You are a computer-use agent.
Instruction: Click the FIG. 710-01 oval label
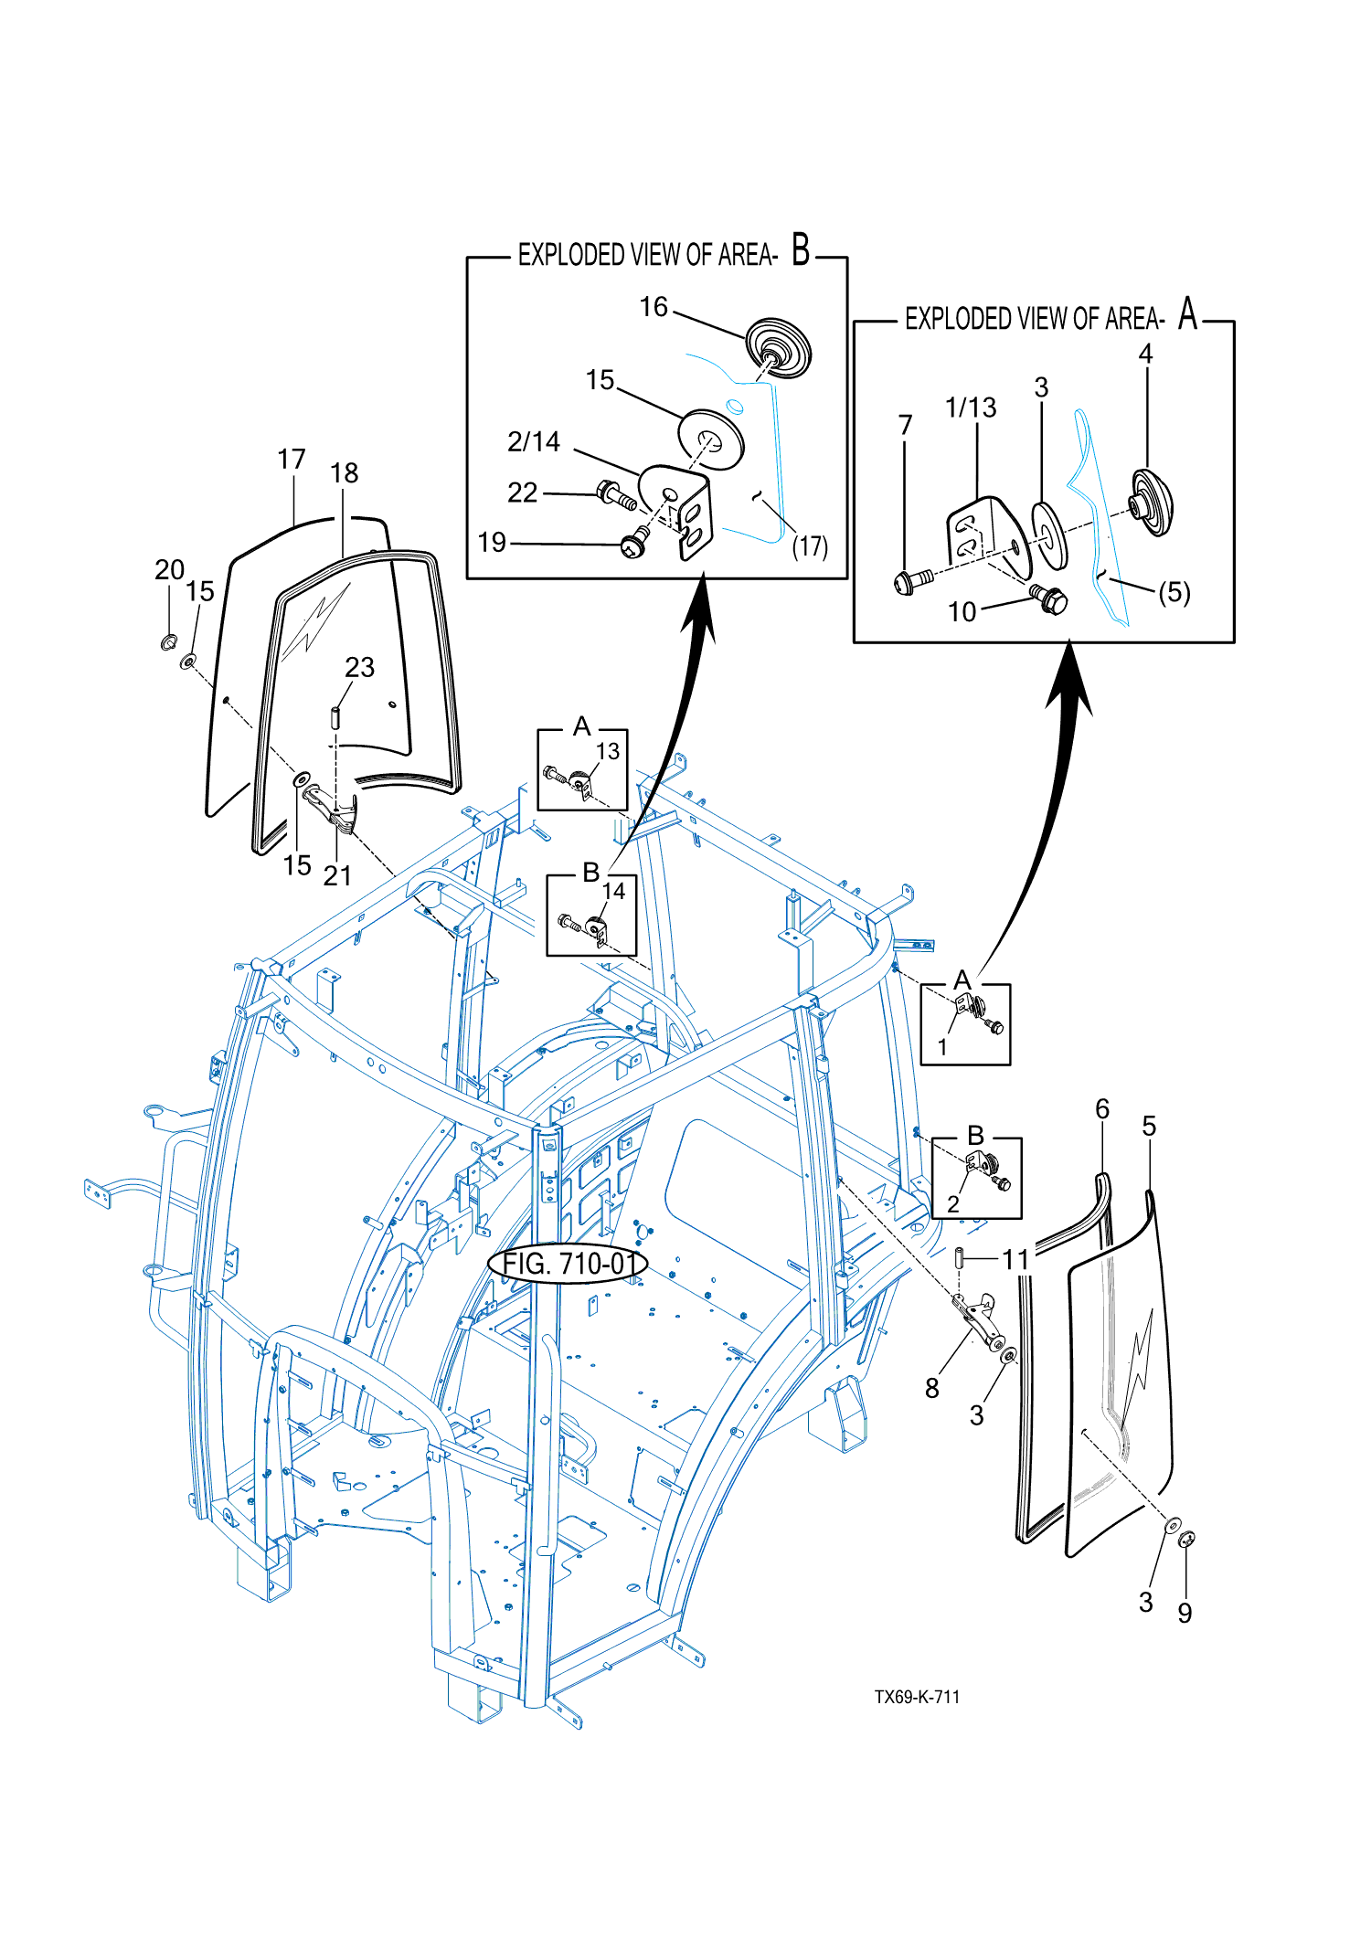tap(569, 1264)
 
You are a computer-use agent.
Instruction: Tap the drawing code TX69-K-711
tap(917, 1697)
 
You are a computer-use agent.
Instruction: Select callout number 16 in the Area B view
tap(654, 307)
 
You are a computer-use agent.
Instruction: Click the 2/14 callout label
tap(534, 442)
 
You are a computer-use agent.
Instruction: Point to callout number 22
tap(523, 492)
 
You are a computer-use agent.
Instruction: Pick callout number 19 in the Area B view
tap(492, 543)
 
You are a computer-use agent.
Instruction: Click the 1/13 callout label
tap(971, 408)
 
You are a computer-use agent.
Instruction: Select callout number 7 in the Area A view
tap(905, 425)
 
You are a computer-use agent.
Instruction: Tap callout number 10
tap(962, 611)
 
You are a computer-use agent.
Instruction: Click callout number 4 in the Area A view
tap(1145, 354)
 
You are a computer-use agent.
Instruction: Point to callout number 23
tap(360, 667)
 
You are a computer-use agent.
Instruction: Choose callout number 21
tap(337, 875)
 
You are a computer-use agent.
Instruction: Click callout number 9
tap(1185, 1613)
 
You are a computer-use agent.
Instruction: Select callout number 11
tap(1015, 1260)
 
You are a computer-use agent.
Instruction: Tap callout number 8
tap(932, 1388)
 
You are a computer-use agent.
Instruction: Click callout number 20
tap(170, 570)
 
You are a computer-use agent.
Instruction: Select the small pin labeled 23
tap(335, 717)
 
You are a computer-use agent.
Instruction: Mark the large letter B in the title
tap(801, 249)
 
